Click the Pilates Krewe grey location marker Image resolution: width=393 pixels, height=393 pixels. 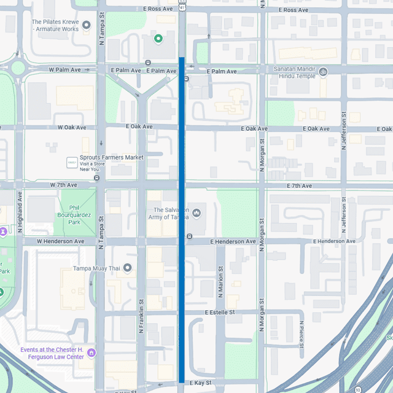[x=87, y=25]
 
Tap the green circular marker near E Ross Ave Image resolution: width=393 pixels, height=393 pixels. [x=158, y=39]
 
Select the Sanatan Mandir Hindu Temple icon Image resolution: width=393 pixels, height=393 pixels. [x=324, y=72]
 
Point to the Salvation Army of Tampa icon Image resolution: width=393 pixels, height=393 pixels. [x=196, y=213]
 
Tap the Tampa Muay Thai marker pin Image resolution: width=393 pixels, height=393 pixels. [x=127, y=268]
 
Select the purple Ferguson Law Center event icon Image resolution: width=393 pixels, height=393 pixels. [x=91, y=352]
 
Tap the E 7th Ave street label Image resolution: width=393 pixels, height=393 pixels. [x=298, y=185]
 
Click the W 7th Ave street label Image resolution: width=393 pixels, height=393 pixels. [x=64, y=185]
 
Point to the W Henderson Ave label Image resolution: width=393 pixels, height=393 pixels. [x=60, y=241]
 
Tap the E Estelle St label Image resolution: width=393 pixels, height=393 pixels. [x=220, y=313]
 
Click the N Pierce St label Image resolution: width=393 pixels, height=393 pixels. [x=302, y=337]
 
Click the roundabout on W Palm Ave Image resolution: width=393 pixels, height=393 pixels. [x=18, y=68]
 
